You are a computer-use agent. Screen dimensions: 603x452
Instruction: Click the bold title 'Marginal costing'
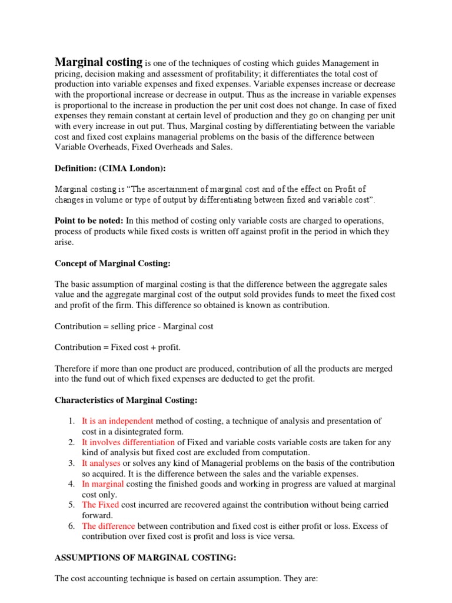point(98,62)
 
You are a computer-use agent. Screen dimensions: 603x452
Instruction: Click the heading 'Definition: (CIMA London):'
point(110,168)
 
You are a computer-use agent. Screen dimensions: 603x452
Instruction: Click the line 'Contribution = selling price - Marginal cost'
point(134,326)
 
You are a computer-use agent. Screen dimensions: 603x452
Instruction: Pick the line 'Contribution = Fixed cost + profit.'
point(118,347)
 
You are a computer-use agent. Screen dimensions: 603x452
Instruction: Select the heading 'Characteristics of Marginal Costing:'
point(126,400)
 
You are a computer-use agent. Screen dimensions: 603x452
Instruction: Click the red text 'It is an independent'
point(118,421)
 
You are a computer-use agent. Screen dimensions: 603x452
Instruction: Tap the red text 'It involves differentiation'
point(128,442)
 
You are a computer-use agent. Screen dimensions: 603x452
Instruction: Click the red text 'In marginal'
point(103,484)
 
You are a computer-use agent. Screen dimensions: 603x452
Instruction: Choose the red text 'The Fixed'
point(100,505)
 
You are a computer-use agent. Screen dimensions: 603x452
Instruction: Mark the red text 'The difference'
point(108,526)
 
